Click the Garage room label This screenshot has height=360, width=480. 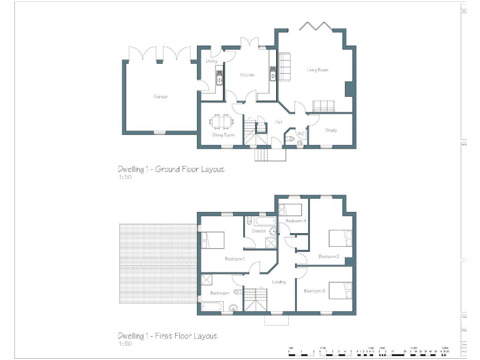click(161, 97)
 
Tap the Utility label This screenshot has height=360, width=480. click(211, 61)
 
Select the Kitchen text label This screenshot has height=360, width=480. click(247, 75)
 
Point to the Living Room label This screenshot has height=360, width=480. click(317, 70)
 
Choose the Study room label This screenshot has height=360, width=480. click(331, 131)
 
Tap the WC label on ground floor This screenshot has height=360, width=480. click(301, 132)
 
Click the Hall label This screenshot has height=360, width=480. click(278, 122)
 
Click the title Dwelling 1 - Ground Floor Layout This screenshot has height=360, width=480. click(171, 169)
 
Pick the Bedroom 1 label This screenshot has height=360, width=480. click(234, 259)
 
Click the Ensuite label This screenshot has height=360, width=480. click(258, 231)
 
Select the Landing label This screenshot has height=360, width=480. click(279, 282)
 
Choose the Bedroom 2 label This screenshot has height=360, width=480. click(328, 256)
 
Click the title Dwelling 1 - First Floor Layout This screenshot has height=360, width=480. click(167, 336)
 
